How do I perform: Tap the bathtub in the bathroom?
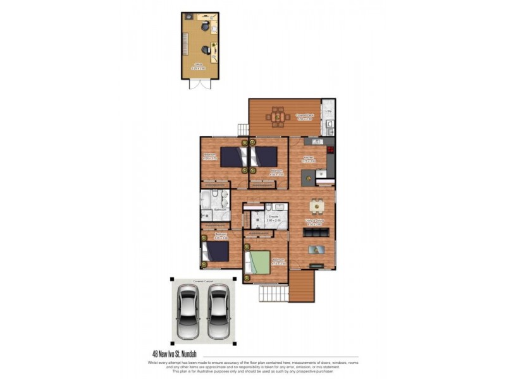click(207, 202)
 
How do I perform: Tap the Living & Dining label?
click(315, 222)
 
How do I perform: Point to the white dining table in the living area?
click(316, 206)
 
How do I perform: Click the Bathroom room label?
click(220, 210)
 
